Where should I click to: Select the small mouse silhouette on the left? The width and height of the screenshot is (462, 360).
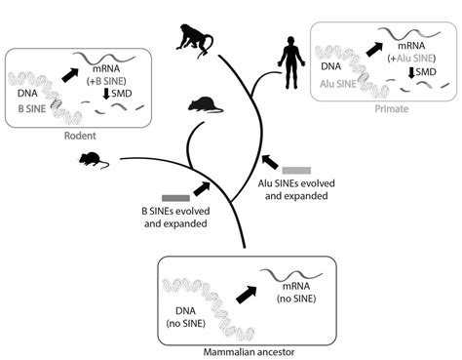pos(90,158)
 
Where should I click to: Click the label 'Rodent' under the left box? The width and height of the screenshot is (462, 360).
pos(80,137)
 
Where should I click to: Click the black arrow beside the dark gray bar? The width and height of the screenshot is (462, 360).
pos(202,187)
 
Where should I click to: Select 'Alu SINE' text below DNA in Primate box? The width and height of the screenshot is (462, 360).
pos(340,85)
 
